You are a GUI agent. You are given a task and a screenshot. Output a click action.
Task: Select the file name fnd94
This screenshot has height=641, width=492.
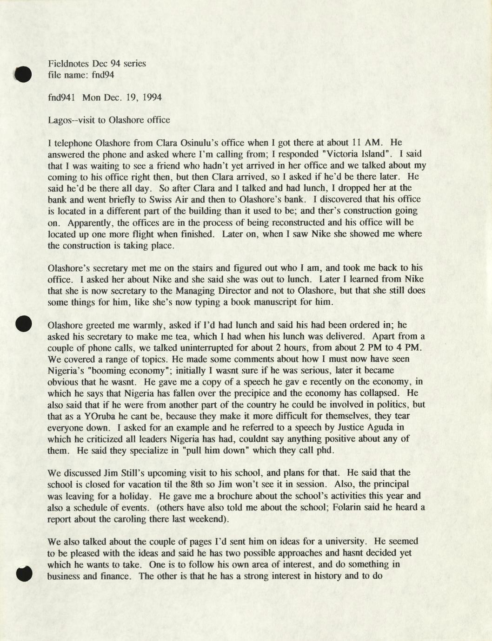click(103, 75)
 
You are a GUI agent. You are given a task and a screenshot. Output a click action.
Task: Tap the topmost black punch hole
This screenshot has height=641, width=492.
click(23, 74)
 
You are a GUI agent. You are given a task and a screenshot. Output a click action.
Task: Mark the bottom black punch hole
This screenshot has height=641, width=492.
click(23, 574)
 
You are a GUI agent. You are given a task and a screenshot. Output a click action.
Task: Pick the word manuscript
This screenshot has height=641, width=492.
click(285, 302)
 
